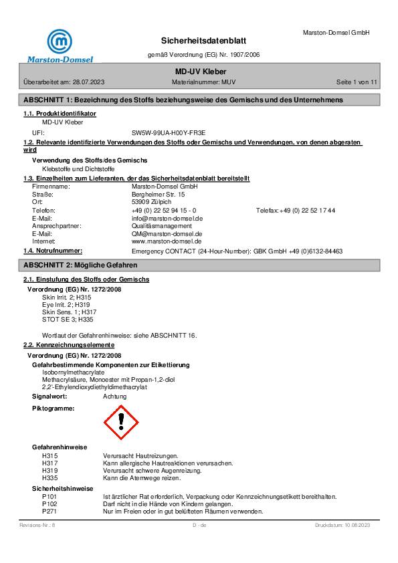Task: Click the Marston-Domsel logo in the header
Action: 60,45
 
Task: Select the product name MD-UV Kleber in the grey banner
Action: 199,71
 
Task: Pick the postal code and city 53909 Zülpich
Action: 152,202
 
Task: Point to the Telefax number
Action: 307,210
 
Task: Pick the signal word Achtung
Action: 114,397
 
